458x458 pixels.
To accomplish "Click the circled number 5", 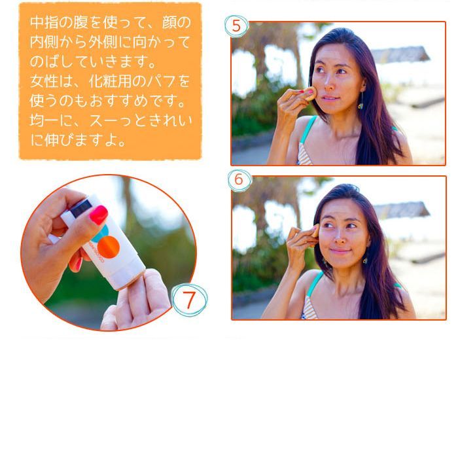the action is tap(236, 26).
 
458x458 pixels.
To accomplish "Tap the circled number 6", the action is tap(239, 179).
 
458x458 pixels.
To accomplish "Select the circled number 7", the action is tap(189, 300).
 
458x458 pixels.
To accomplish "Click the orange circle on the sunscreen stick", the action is tap(109, 247).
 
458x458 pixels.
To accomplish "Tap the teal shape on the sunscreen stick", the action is tap(101, 234).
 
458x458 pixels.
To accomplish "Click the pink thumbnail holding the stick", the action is tap(98, 215).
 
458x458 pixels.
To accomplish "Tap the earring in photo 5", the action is tap(361, 103).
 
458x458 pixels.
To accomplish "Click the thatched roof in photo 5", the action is tap(400, 54).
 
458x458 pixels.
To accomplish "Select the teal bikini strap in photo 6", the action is tap(315, 283).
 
